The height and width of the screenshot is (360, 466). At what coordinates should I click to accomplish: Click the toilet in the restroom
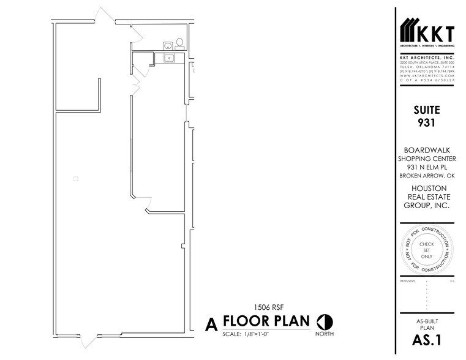coord(179,43)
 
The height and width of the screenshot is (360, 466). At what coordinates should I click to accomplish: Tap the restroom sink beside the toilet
coord(167,44)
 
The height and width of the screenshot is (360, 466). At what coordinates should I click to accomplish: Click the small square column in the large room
coord(75,179)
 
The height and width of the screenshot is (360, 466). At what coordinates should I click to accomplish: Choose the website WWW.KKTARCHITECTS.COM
coord(426,75)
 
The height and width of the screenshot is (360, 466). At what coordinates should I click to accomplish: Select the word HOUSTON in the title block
coord(426,188)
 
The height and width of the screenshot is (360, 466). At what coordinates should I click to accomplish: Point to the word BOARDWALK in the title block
coord(426,150)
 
